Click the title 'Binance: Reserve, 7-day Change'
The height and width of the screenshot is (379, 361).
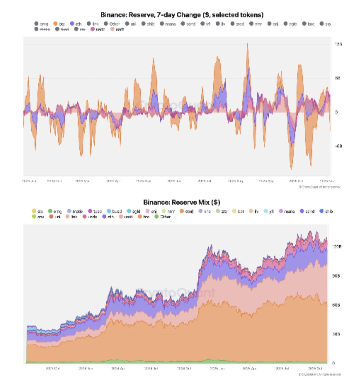point(182,15)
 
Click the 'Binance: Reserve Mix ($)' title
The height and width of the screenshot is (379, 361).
point(182,202)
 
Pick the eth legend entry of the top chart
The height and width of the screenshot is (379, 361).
point(76,24)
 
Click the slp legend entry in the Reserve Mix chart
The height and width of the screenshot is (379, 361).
point(37,211)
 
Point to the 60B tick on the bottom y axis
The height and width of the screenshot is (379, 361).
point(336,305)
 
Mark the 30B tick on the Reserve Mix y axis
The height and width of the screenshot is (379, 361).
point(336,334)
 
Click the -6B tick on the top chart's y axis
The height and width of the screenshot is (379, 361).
point(338,146)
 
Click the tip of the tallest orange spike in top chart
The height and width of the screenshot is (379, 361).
point(247,43)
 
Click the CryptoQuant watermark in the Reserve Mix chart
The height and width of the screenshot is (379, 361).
point(175,293)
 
